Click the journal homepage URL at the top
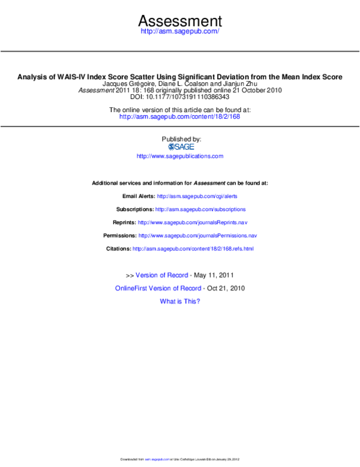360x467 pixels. [x=180, y=31]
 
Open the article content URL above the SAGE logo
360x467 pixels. [x=180, y=117]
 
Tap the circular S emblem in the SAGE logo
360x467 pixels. [x=172, y=147]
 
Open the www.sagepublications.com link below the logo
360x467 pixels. [x=180, y=156]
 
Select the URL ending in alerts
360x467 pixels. [x=197, y=197]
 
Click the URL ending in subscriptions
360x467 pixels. [x=200, y=210]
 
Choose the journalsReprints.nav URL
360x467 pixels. [x=193, y=223]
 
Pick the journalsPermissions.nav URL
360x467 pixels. [x=197, y=236]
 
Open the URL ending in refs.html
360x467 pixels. [x=193, y=248]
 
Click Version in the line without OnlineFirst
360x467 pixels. [x=146, y=275]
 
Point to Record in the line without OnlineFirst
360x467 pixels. [x=178, y=275]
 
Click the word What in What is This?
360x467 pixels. [x=167, y=302]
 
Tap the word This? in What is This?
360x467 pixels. [x=192, y=302]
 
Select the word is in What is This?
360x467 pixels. [x=180, y=302]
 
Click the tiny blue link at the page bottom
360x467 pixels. [x=157, y=460]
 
